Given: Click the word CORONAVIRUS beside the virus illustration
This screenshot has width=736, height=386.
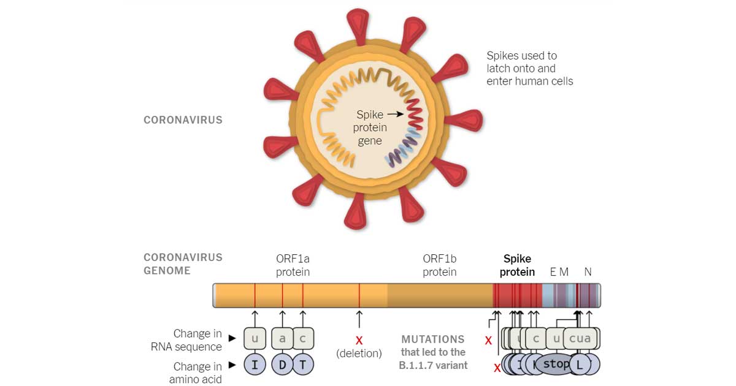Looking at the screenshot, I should pyautogui.click(x=183, y=120).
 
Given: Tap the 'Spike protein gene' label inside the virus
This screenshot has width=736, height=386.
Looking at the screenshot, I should pyautogui.click(x=370, y=127).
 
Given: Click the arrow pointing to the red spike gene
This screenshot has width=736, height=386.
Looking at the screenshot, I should pyautogui.click(x=395, y=114).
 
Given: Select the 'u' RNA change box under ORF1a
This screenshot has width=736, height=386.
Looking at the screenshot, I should pyautogui.click(x=255, y=338).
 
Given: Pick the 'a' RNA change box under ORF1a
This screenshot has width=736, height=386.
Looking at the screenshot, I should pyautogui.click(x=282, y=338).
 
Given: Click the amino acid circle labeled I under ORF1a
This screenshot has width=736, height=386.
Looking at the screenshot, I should pyautogui.click(x=255, y=365).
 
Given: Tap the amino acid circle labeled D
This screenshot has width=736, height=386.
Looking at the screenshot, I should pyautogui.click(x=282, y=365).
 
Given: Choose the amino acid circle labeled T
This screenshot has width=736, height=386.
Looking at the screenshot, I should pyautogui.click(x=303, y=365).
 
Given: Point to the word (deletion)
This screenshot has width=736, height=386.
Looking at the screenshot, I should pyautogui.click(x=359, y=354).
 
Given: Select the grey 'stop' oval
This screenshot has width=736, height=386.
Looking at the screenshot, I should pyautogui.click(x=556, y=364).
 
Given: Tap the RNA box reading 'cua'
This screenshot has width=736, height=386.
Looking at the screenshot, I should pyautogui.click(x=580, y=338).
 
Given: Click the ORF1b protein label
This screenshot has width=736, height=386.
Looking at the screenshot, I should pyautogui.click(x=440, y=265).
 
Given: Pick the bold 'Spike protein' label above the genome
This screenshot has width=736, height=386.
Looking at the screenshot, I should pyautogui.click(x=517, y=265).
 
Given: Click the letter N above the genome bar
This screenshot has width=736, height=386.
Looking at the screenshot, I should pyautogui.click(x=588, y=271).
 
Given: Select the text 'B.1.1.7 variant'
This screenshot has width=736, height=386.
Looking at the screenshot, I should pyautogui.click(x=433, y=366).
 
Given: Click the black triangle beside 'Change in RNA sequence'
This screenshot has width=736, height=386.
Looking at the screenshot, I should pyautogui.click(x=232, y=338).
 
